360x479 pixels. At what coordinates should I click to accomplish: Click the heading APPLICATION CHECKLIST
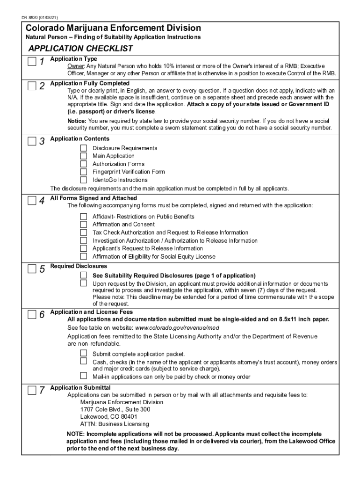(80, 49)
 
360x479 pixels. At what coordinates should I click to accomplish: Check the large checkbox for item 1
(31, 61)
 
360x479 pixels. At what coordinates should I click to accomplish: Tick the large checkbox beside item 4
(31, 200)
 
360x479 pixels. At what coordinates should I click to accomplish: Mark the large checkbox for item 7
(31, 390)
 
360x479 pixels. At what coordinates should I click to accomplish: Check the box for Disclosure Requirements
(83, 148)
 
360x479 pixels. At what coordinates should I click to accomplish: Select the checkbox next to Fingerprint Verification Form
(83, 172)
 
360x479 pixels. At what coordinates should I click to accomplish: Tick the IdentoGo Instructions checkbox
(83, 180)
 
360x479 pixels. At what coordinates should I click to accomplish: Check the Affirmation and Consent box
(83, 225)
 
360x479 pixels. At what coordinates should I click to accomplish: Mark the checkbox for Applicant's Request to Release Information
(83, 248)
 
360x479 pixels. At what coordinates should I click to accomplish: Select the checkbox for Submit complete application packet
(83, 353)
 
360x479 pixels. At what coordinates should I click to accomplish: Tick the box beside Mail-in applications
(83, 376)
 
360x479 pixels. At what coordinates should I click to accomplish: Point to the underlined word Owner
(75, 66)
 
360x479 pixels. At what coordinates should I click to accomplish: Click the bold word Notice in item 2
(76, 120)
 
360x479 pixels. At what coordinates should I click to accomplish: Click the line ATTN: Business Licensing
(115, 424)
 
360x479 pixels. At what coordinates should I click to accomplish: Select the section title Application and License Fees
(92, 312)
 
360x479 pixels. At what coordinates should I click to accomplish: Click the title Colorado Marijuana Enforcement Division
(113, 28)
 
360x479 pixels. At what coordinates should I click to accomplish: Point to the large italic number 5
(42, 269)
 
